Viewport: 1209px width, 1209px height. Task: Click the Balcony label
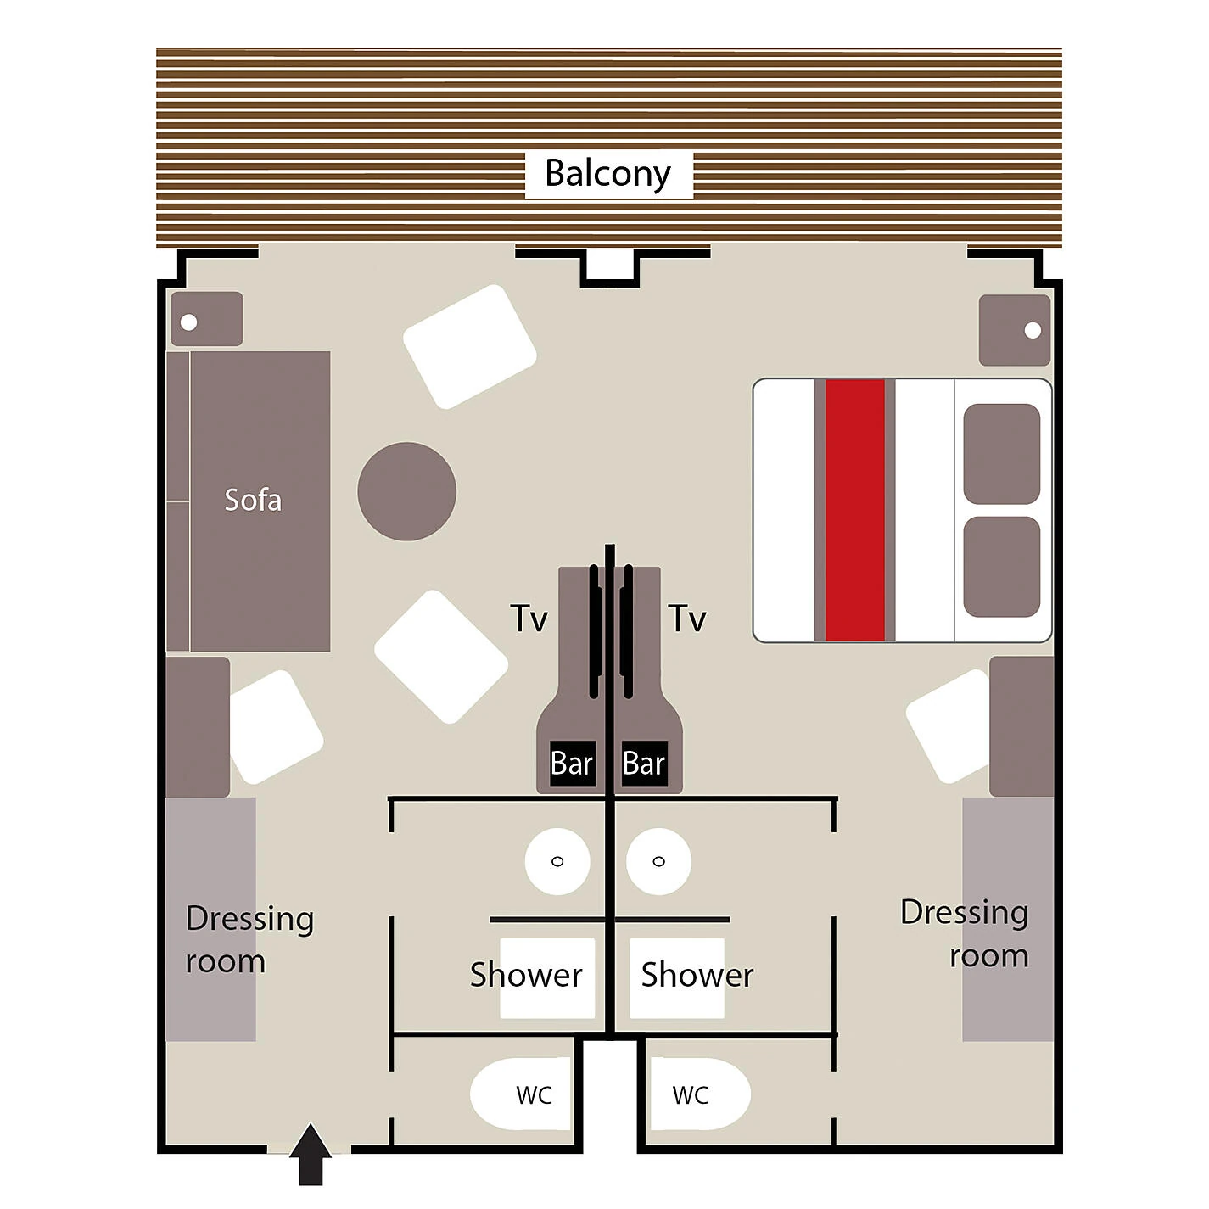point(608,175)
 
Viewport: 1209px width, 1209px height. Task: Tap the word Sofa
point(253,500)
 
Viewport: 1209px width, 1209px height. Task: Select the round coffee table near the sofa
point(407,491)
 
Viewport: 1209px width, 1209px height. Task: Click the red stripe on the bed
point(854,510)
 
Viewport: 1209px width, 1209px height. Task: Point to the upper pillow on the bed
point(1001,454)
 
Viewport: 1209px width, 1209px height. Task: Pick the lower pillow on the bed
point(1001,567)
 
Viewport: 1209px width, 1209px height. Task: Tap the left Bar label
point(572,764)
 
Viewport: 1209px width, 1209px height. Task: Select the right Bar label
point(644,764)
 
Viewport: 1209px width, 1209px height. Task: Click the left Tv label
point(529,618)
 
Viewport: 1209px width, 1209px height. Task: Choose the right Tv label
point(687,618)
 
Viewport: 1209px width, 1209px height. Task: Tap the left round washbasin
point(557,861)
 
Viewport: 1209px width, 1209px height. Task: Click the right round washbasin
point(658,861)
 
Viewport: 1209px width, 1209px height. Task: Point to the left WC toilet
point(521,1094)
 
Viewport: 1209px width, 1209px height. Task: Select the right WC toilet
point(700,1094)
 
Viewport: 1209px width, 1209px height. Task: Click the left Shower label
point(526,975)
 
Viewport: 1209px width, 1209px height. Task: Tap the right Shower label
point(697,975)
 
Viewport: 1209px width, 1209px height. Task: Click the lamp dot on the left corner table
point(189,322)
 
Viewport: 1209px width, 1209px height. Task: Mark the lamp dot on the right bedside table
point(1033,330)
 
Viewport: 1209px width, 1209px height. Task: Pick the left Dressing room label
point(249,940)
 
